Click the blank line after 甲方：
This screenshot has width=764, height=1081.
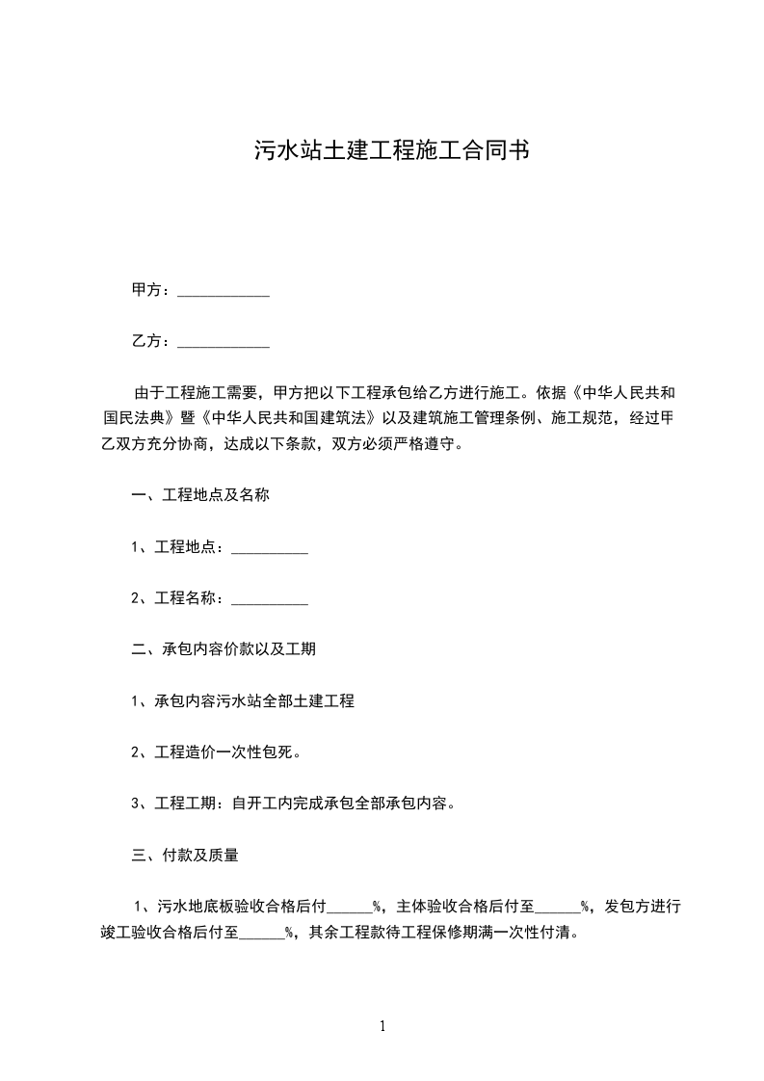pos(224,291)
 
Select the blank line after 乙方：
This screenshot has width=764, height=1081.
pos(224,342)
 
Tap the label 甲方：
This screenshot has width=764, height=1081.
pos(152,291)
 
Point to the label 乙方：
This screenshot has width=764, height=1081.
pos(152,342)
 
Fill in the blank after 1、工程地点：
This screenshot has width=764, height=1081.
pos(270,547)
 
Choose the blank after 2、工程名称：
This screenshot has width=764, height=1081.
pos(270,598)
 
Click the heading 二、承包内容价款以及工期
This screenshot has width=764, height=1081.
pos(224,649)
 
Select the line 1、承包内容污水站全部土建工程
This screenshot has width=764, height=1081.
pos(243,700)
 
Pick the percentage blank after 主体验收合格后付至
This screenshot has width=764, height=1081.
pos(558,906)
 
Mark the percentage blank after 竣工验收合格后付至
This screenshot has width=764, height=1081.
pos(262,933)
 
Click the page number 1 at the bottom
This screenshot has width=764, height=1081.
pos(382,1026)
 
